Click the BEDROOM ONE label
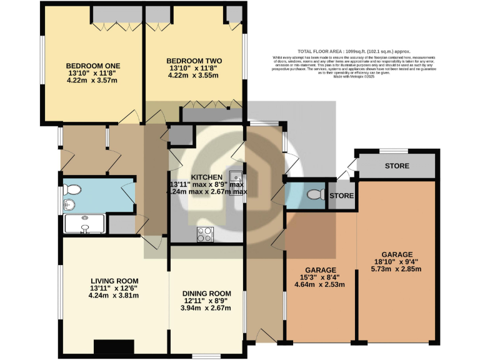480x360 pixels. pyautogui.click(x=93, y=66)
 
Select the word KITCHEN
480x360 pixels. pyautogui.click(x=207, y=177)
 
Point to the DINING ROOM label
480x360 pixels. pyautogui.click(x=206, y=293)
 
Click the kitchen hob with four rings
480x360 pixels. pyautogui.click(x=205, y=234)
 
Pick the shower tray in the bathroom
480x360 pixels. pyautogui.click(x=84, y=224)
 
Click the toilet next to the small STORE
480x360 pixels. pyautogui.click(x=316, y=195)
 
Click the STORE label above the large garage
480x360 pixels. pyautogui.click(x=397, y=166)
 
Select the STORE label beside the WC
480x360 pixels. pyautogui.click(x=341, y=196)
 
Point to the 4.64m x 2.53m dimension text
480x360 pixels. pyautogui.click(x=319, y=284)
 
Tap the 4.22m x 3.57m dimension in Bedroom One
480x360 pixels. pyautogui.click(x=93, y=79)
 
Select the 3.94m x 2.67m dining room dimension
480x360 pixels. pyautogui.click(x=206, y=307)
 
